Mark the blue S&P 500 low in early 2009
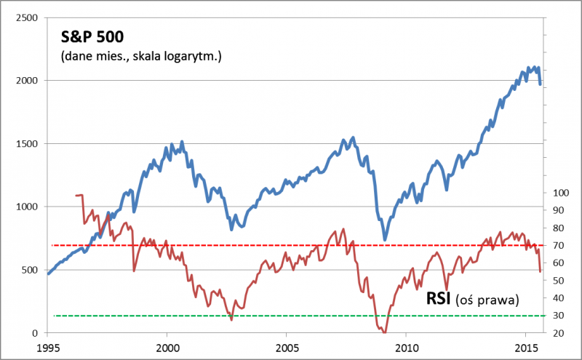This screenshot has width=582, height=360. (385, 239)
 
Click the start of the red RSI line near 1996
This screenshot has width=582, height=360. (76, 195)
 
